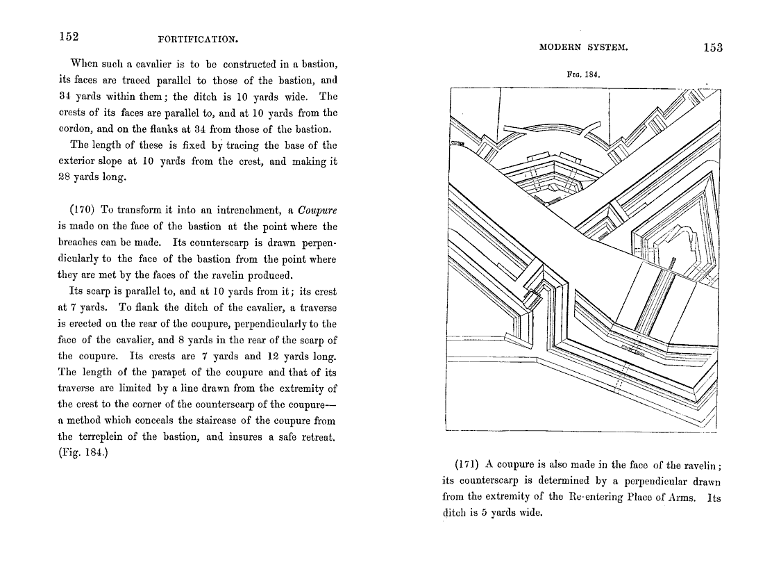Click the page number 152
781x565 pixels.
click(x=68, y=36)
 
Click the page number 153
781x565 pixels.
click(x=713, y=48)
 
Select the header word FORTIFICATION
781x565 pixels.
click(x=199, y=39)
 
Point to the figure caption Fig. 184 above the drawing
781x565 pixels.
click(x=583, y=74)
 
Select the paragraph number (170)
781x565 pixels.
click(x=85, y=210)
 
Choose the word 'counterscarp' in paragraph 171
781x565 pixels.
click(x=478, y=481)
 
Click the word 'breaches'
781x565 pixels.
click(x=81, y=243)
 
